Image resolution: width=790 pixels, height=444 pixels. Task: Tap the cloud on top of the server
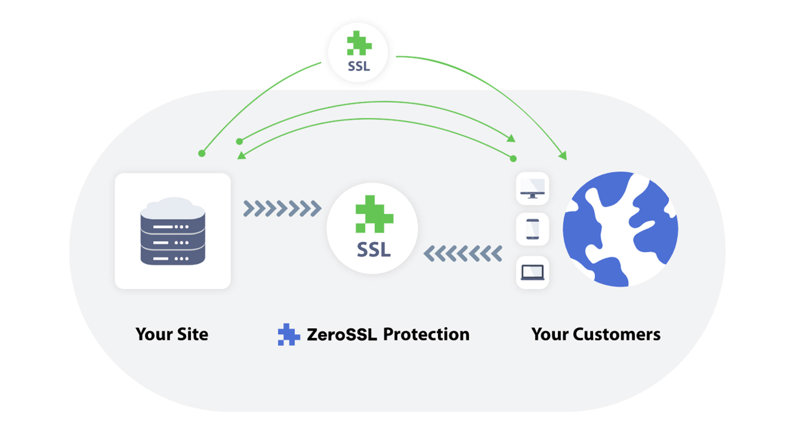coord(173,208)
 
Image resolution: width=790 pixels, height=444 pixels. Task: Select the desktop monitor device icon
coord(532,189)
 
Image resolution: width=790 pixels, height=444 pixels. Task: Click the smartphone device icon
coord(532,229)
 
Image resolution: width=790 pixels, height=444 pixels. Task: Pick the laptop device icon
coord(532,272)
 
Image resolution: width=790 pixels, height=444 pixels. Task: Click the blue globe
coord(620,229)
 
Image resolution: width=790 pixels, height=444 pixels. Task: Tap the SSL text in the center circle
coord(374,250)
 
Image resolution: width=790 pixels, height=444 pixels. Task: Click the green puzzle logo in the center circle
coord(374,214)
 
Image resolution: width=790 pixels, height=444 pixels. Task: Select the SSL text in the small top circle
coord(359,66)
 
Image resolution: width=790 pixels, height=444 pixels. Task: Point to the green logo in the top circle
coord(359,43)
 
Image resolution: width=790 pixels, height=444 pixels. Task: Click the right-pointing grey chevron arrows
coord(282,208)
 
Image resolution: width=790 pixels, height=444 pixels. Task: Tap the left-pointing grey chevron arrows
coord(463,254)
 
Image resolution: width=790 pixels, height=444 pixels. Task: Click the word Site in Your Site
coord(193,334)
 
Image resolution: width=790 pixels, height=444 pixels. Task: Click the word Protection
coord(426,334)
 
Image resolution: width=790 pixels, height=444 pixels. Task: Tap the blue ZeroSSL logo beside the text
coord(288,334)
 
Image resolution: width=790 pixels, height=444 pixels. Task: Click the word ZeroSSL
coord(342,334)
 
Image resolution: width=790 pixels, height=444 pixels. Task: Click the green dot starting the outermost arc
coord(202,153)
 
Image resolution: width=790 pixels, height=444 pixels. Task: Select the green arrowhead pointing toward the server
coord(242,155)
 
